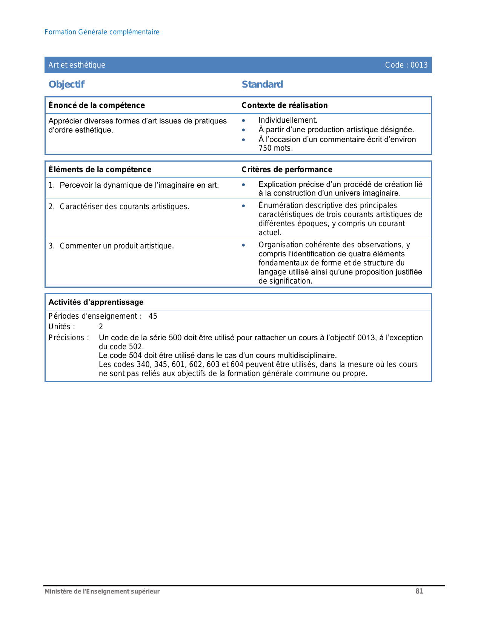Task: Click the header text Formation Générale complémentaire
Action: tap(102, 32)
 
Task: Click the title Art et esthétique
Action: tap(77, 65)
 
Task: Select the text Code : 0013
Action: tap(406, 65)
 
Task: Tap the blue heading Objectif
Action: tap(66, 84)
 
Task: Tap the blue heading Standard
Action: tap(262, 84)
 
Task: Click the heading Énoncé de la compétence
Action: tap(97, 105)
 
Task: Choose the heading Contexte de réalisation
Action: tap(284, 105)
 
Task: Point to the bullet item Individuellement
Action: tap(288, 120)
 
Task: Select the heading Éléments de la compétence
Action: tap(100, 170)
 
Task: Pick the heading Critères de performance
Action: tap(287, 170)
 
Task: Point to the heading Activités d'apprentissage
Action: tap(96, 302)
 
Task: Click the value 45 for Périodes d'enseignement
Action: tap(153, 316)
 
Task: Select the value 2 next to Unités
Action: tap(101, 327)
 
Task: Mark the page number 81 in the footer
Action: tap(419, 591)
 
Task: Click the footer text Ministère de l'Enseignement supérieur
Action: tap(102, 592)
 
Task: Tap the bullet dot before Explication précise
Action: tap(244, 185)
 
